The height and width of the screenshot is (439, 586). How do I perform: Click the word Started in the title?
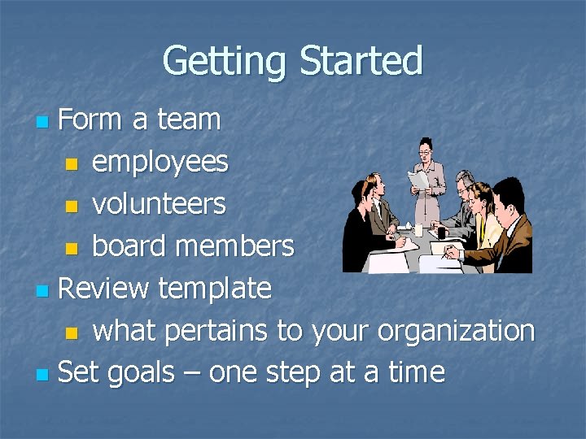point(361,62)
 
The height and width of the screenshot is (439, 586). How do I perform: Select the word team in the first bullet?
point(188,120)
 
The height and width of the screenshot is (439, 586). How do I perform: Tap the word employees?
point(160,163)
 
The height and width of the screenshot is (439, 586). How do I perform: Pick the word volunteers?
point(159,204)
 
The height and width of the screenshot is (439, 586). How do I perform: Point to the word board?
point(128,246)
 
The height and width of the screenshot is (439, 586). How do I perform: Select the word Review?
point(104,288)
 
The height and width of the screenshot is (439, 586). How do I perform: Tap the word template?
point(215,288)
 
